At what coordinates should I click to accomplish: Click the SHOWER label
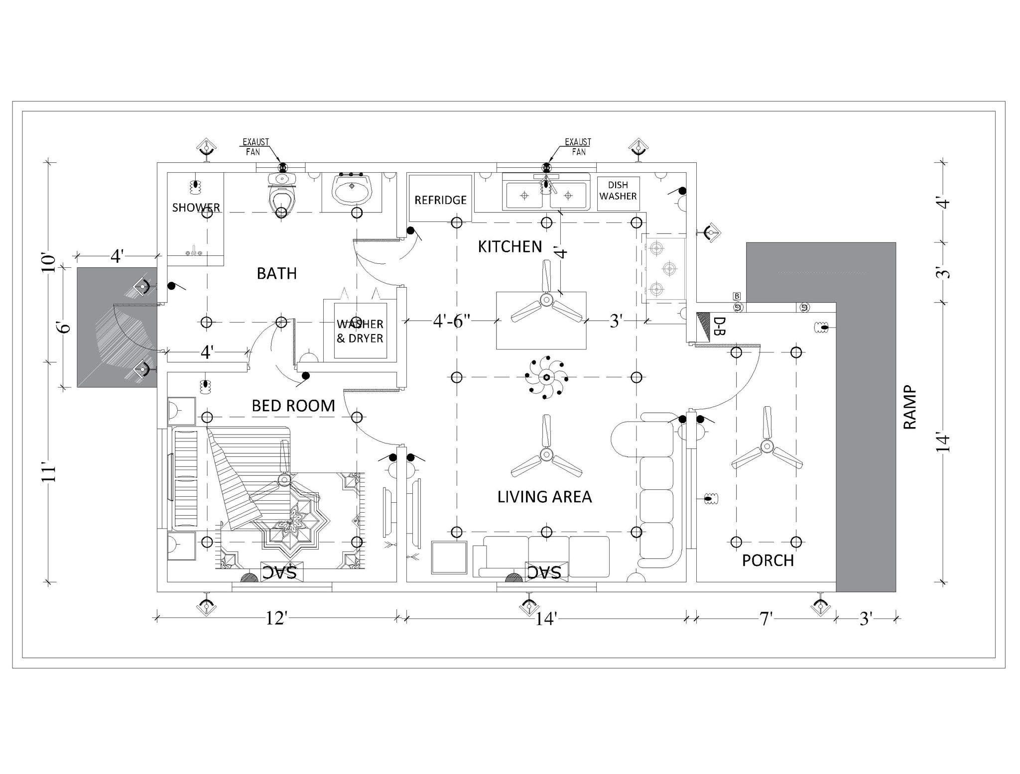click(x=196, y=208)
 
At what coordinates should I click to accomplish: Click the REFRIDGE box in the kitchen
click(x=440, y=200)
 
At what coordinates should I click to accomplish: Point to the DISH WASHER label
click(x=618, y=191)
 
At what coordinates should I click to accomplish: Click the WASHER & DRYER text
click(x=360, y=331)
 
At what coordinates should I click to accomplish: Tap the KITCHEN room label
click(x=510, y=246)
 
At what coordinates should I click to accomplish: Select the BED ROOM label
click(x=293, y=406)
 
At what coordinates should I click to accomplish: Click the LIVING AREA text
click(x=544, y=497)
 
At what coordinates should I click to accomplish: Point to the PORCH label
click(x=767, y=560)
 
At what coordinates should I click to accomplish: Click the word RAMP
click(x=909, y=407)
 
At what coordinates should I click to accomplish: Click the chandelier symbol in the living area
click(x=546, y=377)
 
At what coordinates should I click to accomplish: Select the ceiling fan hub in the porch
click(x=766, y=447)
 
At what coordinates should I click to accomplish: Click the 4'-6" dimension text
click(x=452, y=321)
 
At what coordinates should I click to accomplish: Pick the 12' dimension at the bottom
click(x=276, y=618)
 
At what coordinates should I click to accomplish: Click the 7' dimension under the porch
click(x=765, y=619)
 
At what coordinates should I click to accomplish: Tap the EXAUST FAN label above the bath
click(x=255, y=147)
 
